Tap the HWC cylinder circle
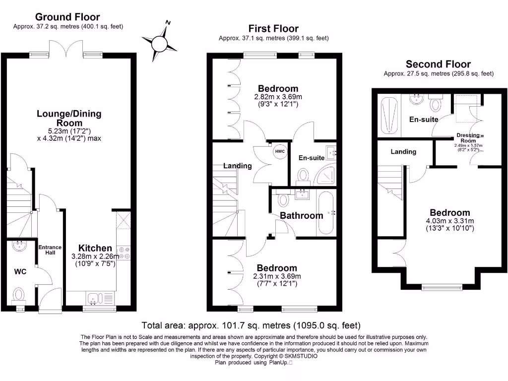(x=280, y=151)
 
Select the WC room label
(x=20, y=271)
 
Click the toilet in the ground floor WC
(x=19, y=295)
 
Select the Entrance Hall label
(x=50, y=250)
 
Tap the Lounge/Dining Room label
(x=69, y=118)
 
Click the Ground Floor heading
(x=68, y=18)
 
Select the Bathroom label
(x=301, y=215)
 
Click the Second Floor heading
(x=438, y=64)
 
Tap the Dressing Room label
(x=468, y=137)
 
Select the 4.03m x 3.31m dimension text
(x=450, y=221)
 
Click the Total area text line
(x=251, y=325)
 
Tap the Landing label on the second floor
(x=403, y=151)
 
